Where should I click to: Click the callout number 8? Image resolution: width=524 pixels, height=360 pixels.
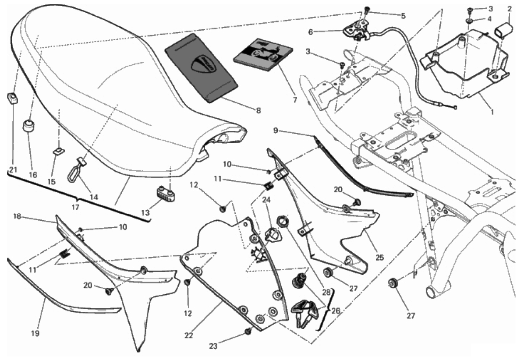click(x=258, y=111)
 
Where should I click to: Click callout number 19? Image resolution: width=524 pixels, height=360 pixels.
click(x=35, y=333)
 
